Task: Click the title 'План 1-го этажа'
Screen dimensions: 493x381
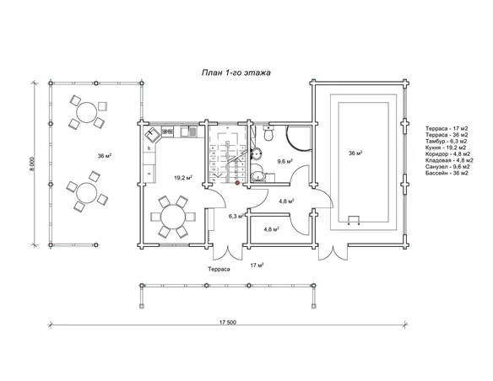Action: [236, 72]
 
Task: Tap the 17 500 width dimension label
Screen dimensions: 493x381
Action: [228, 322]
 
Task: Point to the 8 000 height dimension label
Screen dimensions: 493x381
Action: [32, 164]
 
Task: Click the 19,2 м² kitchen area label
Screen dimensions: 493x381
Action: [183, 178]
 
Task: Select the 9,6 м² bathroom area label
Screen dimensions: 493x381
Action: [284, 161]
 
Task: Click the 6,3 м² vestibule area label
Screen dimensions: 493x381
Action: [236, 216]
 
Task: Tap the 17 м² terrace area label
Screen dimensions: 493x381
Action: [257, 266]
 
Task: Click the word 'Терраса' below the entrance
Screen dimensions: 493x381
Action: [219, 269]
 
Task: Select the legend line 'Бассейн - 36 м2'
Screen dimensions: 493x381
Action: [447, 174]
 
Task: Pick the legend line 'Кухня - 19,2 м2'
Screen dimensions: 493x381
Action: [446, 148]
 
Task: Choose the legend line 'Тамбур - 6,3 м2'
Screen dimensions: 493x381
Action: [447, 142]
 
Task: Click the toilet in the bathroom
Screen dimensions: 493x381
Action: [268, 133]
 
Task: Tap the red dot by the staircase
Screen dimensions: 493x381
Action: [237, 182]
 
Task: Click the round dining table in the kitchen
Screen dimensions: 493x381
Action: [173, 217]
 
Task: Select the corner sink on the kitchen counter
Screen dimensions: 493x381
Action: [153, 135]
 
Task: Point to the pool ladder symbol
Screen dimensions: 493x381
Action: [354, 221]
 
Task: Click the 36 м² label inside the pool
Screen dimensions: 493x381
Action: [355, 153]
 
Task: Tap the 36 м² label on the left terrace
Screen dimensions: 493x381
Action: [105, 156]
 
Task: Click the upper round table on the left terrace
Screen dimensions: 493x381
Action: [87, 112]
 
